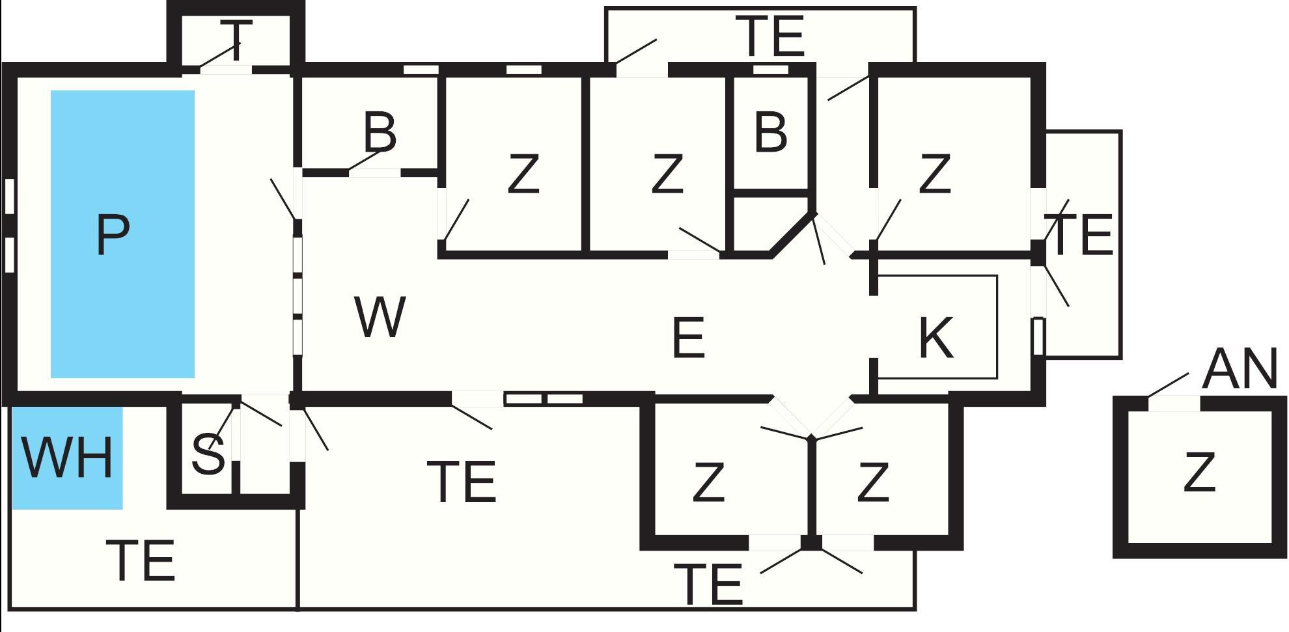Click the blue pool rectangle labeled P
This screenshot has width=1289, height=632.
click(122, 234)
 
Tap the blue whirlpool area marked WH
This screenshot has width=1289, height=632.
click(68, 458)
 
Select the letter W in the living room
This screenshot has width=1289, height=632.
click(381, 317)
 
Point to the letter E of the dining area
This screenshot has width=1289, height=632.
click(689, 337)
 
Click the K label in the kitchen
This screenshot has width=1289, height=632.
click(936, 337)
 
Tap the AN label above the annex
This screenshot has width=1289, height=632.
click(1240, 369)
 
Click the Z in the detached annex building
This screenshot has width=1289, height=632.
click(1199, 472)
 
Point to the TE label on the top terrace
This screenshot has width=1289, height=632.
click(771, 36)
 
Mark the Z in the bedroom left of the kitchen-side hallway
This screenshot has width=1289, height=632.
click(667, 174)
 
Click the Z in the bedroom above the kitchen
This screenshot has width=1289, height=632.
click(935, 174)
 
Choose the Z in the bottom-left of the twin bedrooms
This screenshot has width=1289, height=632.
click(708, 482)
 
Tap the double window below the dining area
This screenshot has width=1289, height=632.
click(544, 399)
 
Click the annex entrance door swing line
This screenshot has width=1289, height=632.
click(1169, 385)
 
